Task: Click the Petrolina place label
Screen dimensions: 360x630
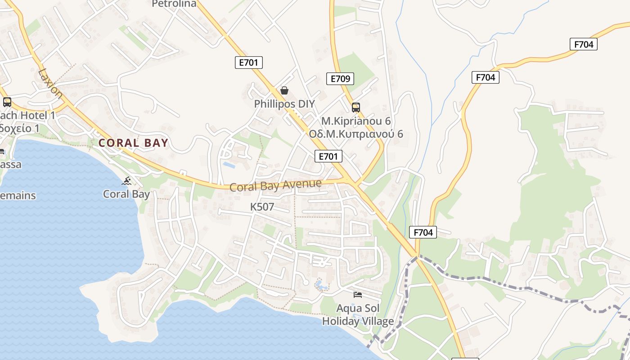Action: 174,4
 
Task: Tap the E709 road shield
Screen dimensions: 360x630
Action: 340,79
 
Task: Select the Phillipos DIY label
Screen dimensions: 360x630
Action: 284,104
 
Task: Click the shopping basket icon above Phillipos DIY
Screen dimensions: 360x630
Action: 284,90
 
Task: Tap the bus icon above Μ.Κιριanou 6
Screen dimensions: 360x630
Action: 355,108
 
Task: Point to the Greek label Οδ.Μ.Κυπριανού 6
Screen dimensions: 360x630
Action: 356,134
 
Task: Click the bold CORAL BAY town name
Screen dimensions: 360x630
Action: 133,143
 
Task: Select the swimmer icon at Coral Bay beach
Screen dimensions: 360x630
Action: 127,181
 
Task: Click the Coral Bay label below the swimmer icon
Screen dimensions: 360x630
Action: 126,194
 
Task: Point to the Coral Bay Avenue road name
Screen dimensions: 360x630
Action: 275,185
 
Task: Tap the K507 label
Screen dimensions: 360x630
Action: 262,207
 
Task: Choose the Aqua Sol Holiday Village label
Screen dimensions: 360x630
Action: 358,315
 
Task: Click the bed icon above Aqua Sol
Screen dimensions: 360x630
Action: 358,295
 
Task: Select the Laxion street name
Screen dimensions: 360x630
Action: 50,83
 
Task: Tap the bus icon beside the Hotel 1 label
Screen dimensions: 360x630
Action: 7,102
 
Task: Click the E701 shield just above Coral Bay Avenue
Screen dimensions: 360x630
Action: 328,156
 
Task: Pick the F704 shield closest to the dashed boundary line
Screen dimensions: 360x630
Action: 423,232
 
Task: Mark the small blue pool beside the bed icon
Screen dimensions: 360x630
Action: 320,284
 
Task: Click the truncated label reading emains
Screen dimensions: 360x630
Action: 18,196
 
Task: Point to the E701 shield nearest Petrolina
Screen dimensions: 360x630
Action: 248,63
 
